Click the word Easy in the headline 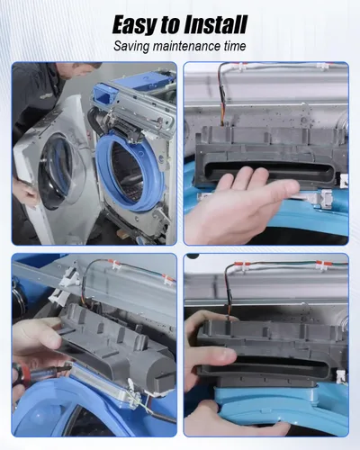coord(135,24)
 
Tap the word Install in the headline coord(215,24)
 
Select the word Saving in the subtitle coord(131,47)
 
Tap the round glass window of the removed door coord(61,171)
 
